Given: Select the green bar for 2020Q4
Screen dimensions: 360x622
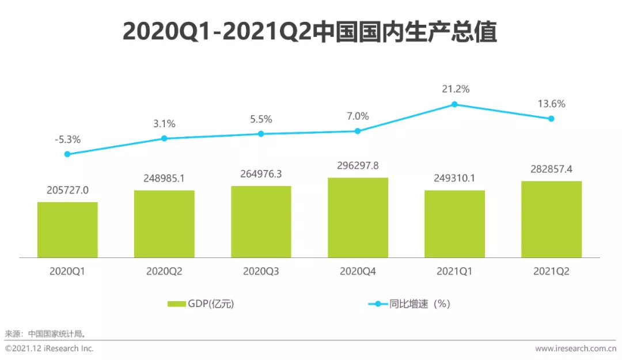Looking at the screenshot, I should coord(358,217).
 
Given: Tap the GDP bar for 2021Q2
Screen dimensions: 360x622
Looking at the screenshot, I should coord(551,219).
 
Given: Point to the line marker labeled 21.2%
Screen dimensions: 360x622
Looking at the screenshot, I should coord(454,104).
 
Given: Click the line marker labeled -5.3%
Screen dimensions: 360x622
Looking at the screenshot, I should coord(67,154).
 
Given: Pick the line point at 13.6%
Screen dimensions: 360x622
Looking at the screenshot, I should coord(551,119).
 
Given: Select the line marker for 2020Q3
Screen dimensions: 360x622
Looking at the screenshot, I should coord(261,134).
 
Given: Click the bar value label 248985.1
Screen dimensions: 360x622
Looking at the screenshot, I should coord(164,179).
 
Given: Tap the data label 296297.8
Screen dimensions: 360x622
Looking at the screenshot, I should coord(358,166).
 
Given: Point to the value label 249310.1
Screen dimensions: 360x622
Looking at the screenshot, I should coord(454,179).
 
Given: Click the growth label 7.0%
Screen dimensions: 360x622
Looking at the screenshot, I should coord(358,116).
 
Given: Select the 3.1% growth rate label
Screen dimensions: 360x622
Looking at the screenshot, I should coord(164,124).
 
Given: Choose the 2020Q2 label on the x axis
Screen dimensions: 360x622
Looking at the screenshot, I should coord(164,271).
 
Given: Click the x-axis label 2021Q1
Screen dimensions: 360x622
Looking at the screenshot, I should coord(454,271).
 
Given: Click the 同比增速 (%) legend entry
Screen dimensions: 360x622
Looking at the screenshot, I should coord(409,304).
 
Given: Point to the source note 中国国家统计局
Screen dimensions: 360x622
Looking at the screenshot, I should coord(57,334).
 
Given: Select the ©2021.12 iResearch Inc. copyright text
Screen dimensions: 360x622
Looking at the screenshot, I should coord(50,348).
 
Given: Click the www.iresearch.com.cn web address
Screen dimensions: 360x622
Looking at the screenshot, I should coord(576,348).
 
